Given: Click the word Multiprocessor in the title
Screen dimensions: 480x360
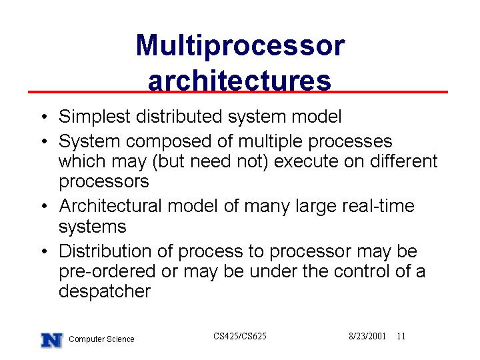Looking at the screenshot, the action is pos(241,47).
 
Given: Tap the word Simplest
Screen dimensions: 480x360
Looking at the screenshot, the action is pos(95,117).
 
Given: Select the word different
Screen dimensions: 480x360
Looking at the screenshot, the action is pos(404,161).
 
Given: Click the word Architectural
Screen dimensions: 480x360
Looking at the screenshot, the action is pos(110,205).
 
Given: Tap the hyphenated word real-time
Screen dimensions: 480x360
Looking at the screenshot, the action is pos(379,205).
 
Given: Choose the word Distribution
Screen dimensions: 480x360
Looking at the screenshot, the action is pos(105,251).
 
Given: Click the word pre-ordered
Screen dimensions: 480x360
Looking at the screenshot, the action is pos(107,272).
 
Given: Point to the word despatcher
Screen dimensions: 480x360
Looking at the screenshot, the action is pos(105,292).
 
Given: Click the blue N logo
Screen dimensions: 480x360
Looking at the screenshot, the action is pos(52,340).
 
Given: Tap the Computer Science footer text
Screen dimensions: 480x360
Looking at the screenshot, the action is pos(101,339).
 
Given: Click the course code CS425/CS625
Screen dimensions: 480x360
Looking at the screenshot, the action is pos(240,336).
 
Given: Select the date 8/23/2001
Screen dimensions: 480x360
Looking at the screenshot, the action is pos(367,336).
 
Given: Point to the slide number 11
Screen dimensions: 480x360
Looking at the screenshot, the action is pos(401,336).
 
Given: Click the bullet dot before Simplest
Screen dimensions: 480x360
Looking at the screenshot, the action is pos(45,117).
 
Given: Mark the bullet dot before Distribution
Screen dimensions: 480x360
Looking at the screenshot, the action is pos(45,251).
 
